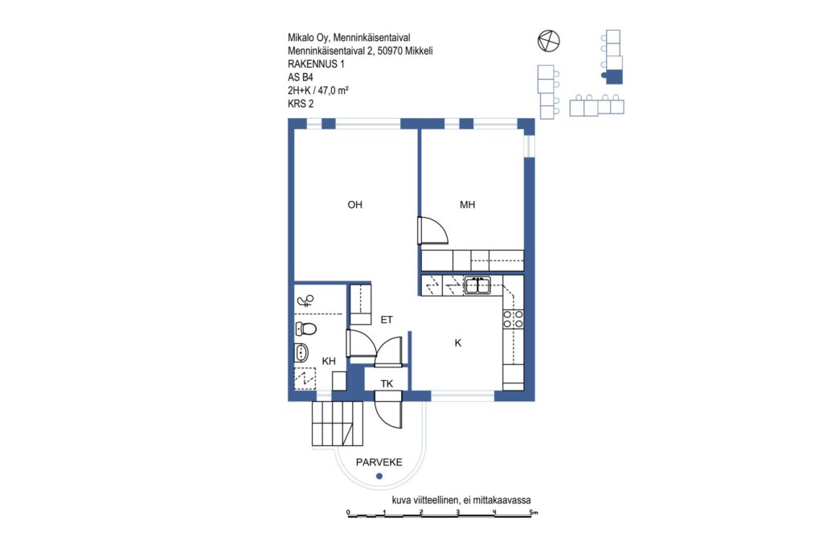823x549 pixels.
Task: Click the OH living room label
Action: coord(354,205)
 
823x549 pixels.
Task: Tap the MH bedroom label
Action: coord(467,205)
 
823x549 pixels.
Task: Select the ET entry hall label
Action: coord(387,320)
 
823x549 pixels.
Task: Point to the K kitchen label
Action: coord(457,342)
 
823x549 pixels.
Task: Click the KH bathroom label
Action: coord(329,361)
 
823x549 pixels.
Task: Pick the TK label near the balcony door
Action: coord(387,383)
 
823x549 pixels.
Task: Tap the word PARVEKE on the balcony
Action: coord(379,462)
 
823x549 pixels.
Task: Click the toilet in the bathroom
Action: coord(305,329)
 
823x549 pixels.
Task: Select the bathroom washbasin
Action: coord(301,351)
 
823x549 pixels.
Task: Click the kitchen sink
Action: coord(477,285)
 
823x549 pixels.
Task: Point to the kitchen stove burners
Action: coord(514,319)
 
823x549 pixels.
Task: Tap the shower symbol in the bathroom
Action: coord(305,301)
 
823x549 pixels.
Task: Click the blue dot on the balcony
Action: coord(379,476)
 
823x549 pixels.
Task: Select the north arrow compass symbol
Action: coord(548,41)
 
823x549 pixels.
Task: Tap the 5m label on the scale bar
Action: coord(534,512)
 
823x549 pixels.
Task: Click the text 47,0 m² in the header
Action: coord(334,90)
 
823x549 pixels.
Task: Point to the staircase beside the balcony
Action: coord(338,424)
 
